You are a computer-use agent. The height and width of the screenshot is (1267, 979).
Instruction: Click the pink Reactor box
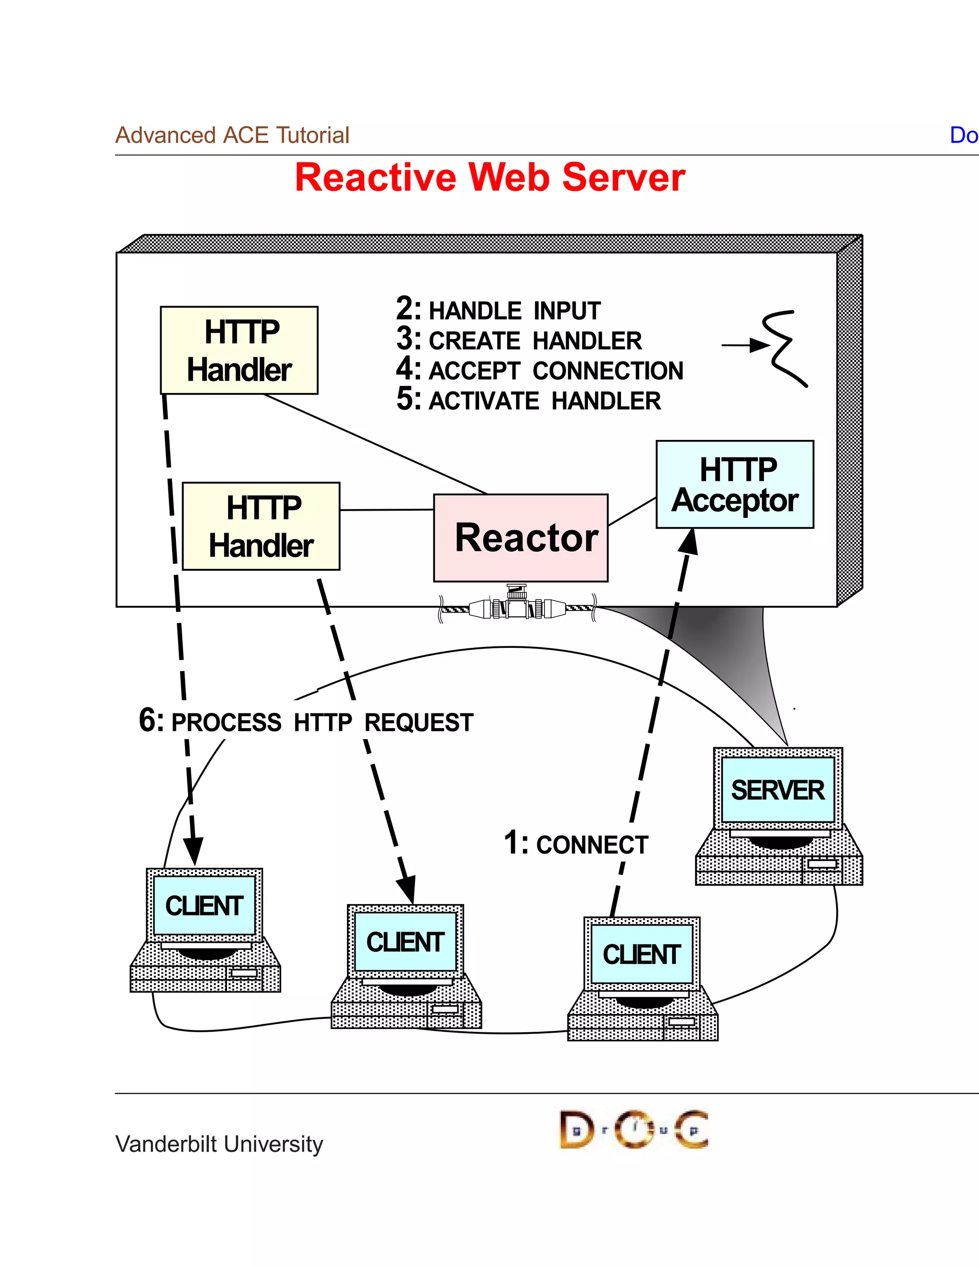click(521, 538)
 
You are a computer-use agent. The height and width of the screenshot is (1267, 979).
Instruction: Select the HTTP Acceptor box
click(735, 484)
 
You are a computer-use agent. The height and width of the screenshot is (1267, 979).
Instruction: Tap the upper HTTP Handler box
click(239, 350)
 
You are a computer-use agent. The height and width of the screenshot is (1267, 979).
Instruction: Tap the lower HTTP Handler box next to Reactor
click(261, 526)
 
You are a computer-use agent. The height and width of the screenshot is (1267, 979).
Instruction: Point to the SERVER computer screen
click(777, 790)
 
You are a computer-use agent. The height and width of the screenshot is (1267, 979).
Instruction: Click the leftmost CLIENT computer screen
click(204, 906)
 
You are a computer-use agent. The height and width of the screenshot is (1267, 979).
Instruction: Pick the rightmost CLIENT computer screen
click(642, 954)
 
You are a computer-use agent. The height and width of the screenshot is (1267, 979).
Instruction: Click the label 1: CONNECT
click(576, 843)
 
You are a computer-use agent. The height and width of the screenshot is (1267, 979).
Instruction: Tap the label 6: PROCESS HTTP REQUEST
click(306, 722)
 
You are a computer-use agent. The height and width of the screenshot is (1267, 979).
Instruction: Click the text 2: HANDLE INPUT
click(498, 310)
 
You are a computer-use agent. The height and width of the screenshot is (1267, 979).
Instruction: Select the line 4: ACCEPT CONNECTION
click(539, 370)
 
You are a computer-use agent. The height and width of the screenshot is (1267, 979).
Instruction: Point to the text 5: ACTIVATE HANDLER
click(528, 400)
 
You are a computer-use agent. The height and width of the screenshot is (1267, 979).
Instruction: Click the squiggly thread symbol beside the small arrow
click(786, 348)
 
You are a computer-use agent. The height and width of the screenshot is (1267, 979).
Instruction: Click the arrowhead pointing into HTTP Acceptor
click(689, 541)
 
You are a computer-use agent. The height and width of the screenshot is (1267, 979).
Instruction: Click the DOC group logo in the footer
click(633, 1129)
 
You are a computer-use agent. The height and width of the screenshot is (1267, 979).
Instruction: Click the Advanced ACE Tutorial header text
click(232, 135)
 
